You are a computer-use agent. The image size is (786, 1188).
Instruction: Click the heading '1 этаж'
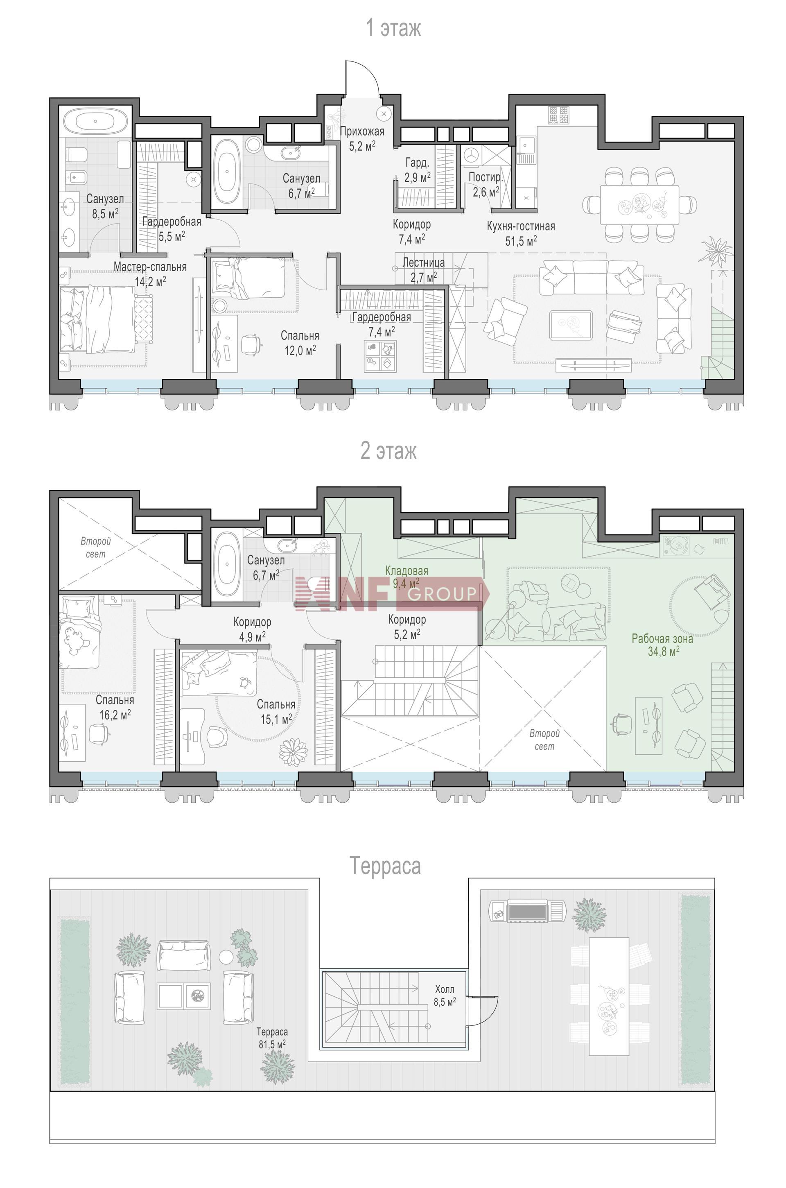(393, 28)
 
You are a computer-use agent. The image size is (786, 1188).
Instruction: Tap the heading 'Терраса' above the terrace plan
(385, 866)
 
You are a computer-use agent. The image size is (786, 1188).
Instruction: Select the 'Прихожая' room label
(362, 131)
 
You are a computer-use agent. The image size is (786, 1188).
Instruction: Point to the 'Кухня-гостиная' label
(521, 226)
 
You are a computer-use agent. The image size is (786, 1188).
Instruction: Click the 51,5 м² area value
(521, 241)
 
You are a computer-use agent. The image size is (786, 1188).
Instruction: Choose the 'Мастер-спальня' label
(150, 267)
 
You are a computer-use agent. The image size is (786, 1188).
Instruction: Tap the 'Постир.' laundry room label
(485, 177)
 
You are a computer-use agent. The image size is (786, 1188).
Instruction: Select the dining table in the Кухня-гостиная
(639, 205)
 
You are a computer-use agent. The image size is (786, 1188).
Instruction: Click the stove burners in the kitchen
(559, 115)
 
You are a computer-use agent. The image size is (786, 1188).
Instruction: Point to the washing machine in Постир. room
(472, 155)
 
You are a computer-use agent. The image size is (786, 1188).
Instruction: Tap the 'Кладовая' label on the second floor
(407, 571)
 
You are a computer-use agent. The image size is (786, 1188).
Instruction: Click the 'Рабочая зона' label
(662, 639)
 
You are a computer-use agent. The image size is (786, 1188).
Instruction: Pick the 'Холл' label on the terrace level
(445, 989)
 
